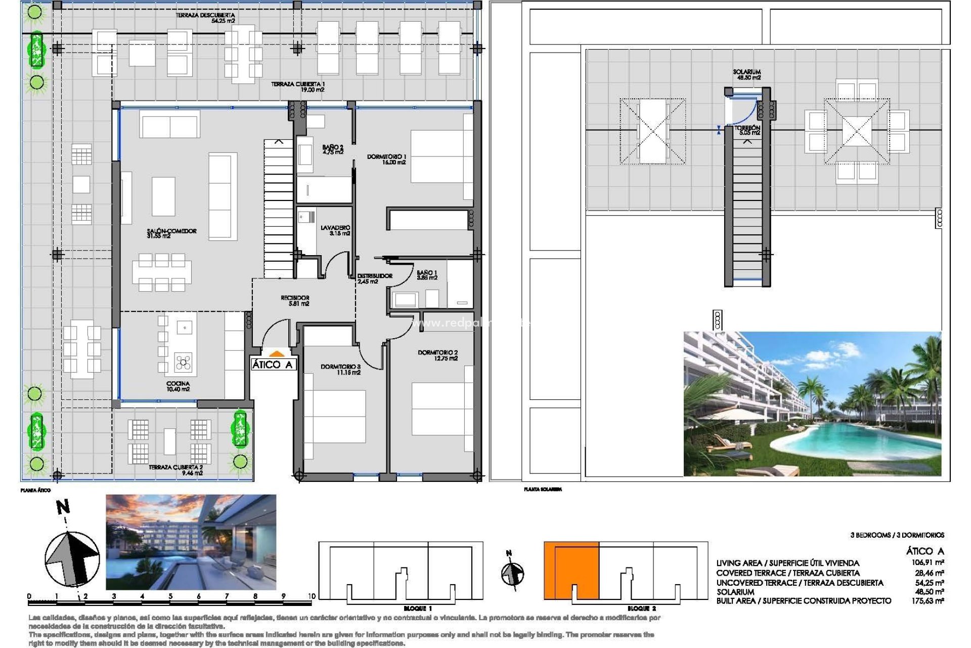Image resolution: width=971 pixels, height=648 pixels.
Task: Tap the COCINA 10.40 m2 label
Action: [x=178, y=386]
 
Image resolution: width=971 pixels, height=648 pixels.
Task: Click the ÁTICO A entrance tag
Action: [x=273, y=364]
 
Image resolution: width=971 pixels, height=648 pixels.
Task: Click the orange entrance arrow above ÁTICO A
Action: [x=276, y=354]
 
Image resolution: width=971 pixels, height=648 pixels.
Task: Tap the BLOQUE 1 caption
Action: [x=418, y=608]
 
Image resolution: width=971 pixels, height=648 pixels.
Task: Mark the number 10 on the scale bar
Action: [x=312, y=596]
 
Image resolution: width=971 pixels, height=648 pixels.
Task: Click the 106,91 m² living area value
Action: [x=928, y=562]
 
